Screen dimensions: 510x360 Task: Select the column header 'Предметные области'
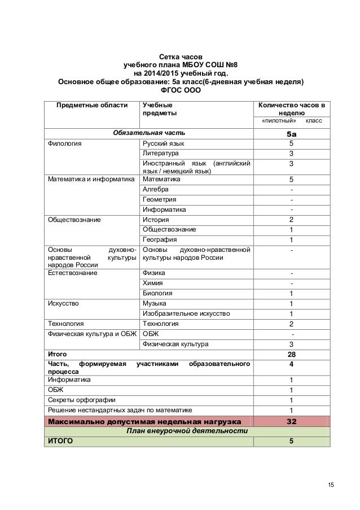pos(91,105)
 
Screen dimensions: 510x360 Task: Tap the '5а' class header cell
pos(291,133)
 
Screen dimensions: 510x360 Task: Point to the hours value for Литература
pos(291,154)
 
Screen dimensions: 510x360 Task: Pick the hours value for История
pos(291,220)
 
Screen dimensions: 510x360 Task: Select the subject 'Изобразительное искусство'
pos(186,313)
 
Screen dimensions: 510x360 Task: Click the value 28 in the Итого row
pos(291,354)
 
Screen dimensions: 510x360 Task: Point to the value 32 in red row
pos(291,421)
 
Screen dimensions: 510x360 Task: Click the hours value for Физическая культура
pos(291,344)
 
